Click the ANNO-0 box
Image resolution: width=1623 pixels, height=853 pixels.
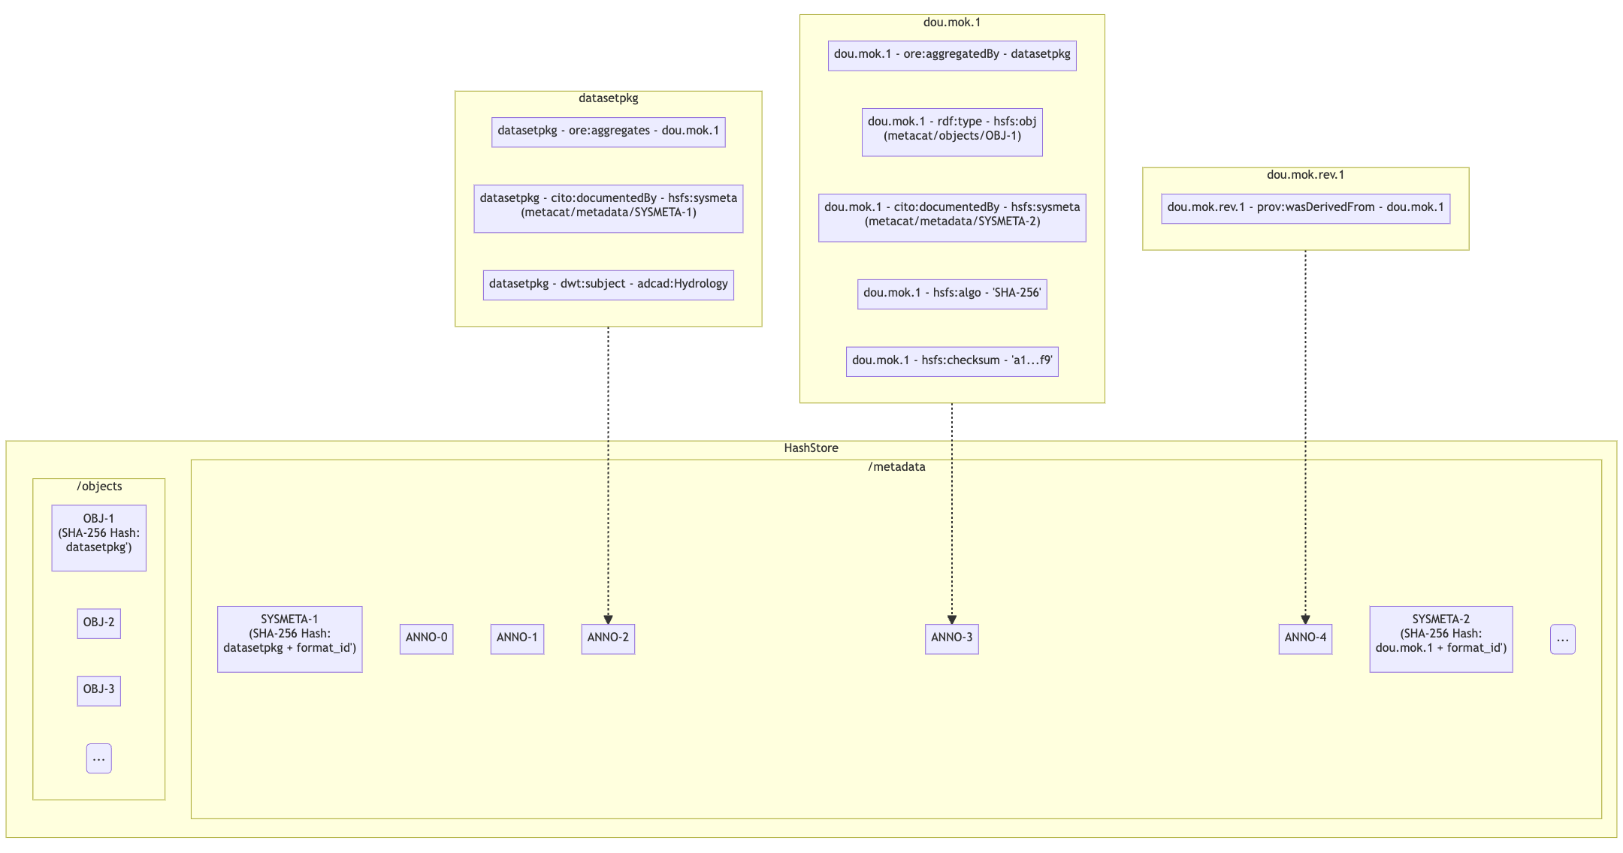[x=426, y=638]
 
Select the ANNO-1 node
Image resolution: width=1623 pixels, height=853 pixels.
[x=517, y=638]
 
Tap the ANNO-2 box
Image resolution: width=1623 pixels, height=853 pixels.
[x=608, y=638]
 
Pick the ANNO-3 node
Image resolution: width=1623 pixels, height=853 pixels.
[x=951, y=638]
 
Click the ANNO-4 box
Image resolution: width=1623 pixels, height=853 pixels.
[x=1305, y=638]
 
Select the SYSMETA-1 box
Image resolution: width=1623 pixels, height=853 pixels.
[x=289, y=639]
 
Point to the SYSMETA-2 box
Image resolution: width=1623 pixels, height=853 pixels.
[x=1440, y=639]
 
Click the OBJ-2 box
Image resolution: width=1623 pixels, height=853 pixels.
[x=98, y=623]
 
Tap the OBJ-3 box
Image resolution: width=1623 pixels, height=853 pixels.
[x=98, y=690]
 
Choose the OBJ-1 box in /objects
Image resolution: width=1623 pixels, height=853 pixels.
[x=98, y=538]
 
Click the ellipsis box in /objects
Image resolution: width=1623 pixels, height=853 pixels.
[x=98, y=758]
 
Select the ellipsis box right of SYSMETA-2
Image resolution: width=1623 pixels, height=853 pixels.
[x=1562, y=639]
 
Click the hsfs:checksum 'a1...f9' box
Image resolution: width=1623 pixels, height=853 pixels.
[x=951, y=361]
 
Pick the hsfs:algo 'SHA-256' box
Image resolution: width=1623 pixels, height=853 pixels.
[x=951, y=294]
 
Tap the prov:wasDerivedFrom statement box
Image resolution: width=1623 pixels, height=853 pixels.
[x=1305, y=208]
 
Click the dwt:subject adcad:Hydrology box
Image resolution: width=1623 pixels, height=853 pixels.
[x=608, y=285]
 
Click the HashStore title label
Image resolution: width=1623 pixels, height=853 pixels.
[x=811, y=448]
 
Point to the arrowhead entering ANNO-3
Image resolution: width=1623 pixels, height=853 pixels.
[x=951, y=619]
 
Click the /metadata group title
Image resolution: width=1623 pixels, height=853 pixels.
[x=896, y=467]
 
